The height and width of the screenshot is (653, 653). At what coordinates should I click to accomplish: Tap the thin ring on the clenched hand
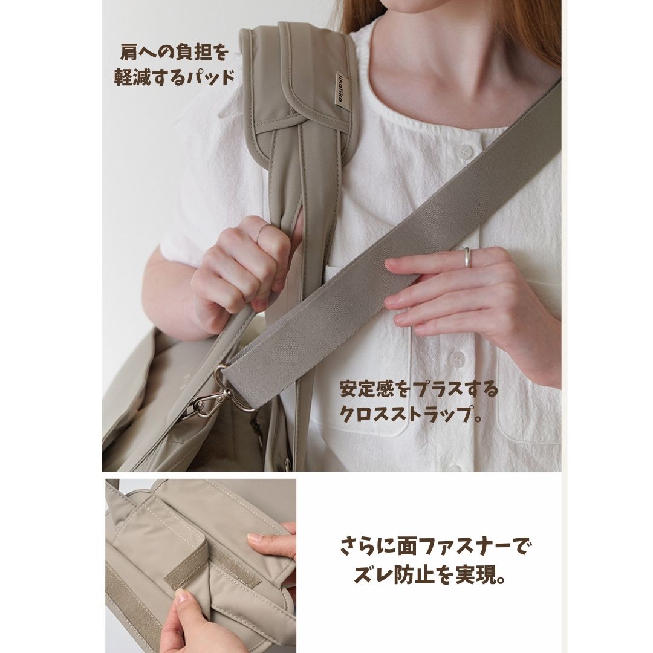tap(261, 232)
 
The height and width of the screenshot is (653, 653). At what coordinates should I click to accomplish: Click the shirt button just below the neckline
tap(464, 151)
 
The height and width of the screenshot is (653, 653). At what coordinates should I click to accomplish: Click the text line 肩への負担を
tap(174, 53)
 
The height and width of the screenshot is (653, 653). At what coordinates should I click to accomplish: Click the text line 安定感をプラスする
tap(418, 389)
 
